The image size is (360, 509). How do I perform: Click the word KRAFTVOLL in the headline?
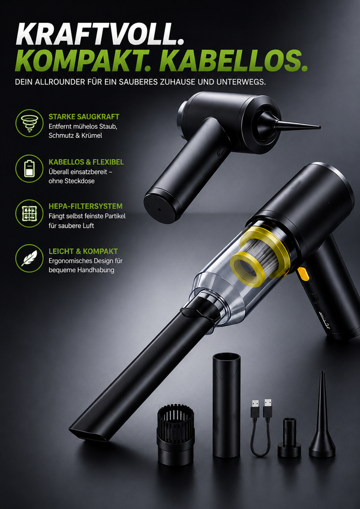pyautogui.click(x=100, y=34)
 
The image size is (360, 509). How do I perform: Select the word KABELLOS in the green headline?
pyautogui.click(x=233, y=61)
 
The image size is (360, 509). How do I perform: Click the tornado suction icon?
pyautogui.click(x=29, y=123)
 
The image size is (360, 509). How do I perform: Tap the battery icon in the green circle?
pyautogui.click(x=29, y=168)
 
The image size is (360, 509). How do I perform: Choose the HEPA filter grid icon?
pyautogui.click(x=29, y=213)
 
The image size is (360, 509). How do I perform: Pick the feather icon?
pyautogui.click(x=29, y=258)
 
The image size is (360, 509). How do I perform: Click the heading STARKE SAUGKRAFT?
pyautogui.click(x=84, y=116)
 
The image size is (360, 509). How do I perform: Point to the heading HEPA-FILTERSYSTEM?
pyautogui.click(x=85, y=206)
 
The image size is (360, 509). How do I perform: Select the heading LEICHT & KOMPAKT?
pyautogui.click(x=83, y=251)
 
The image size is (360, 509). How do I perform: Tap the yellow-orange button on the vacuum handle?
pyautogui.click(x=304, y=273)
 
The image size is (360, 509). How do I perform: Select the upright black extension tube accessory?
pyautogui.click(x=226, y=405)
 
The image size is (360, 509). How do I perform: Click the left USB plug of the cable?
pyautogui.click(x=255, y=409)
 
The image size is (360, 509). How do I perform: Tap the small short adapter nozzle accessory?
pyautogui.click(x=289, y=438)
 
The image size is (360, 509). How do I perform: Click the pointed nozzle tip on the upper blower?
pyautogui.click(x=319, y=127)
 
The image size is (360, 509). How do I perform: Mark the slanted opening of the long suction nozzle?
pyautogui.click(x=88, y=432)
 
